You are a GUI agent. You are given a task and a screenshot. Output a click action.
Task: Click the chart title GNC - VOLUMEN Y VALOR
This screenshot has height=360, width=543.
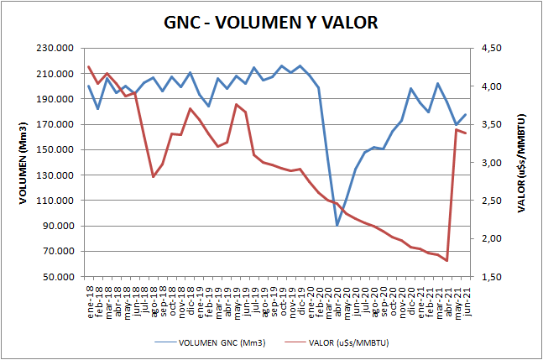pos(271,23)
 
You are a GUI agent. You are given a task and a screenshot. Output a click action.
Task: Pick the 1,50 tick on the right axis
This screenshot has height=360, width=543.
pos(485,277)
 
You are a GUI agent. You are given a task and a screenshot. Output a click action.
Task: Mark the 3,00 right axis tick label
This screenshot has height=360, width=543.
pos(485,163)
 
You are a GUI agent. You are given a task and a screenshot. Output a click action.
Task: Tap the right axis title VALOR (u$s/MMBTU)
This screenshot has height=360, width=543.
pos(522,163)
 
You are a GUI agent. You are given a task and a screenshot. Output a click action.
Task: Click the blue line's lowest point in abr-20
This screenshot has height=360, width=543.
pos(337,225)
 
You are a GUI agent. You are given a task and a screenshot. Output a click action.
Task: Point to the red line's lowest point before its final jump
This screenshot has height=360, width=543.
pos(446,261)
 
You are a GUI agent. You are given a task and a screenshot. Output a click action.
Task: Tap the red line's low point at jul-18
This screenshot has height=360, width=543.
pos(153,176)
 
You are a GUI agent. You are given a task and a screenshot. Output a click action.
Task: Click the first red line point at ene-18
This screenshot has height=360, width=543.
pos(88,66)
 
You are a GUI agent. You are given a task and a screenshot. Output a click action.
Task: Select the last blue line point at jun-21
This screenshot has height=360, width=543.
pos(466,114)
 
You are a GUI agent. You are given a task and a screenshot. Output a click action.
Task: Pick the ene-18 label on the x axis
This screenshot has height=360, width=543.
pos(89,295)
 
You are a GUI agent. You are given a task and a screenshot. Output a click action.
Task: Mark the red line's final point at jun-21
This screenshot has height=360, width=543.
pos(466,133)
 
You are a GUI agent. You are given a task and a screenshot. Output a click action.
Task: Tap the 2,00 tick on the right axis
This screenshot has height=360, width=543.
pos(485,239)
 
